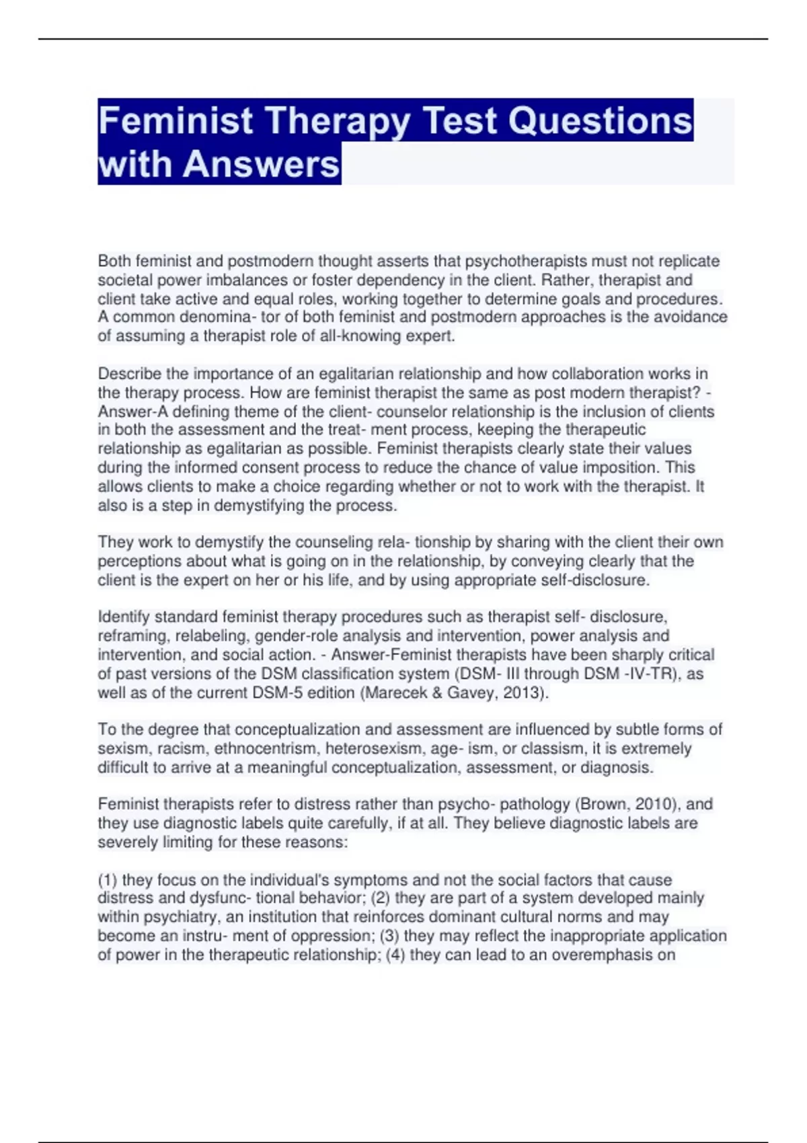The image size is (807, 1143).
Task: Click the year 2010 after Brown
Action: tap(654, 804)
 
